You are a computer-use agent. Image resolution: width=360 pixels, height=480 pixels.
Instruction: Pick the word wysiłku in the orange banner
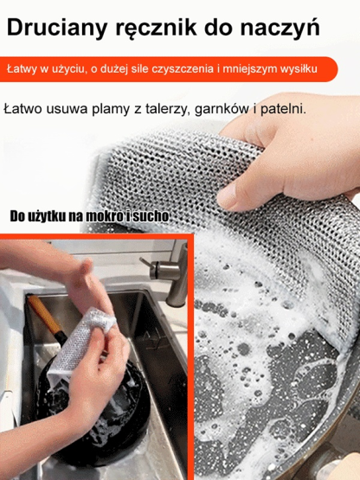coord(296,67)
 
